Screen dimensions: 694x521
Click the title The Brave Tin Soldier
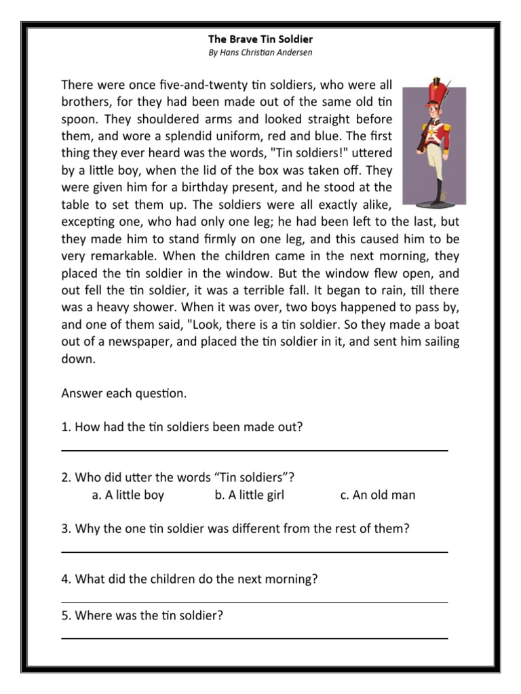point(260,40)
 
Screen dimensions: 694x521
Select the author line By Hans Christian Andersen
point(260,52)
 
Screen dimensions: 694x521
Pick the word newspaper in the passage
point(140,342)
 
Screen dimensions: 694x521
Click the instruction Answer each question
point(123,394)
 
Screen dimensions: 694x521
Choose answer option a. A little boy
point(128,495)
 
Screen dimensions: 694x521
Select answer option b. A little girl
point(249,495)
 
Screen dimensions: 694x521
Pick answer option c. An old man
point(378,495)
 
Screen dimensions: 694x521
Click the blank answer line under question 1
point(254,450)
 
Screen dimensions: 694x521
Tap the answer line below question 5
point(254,638)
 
